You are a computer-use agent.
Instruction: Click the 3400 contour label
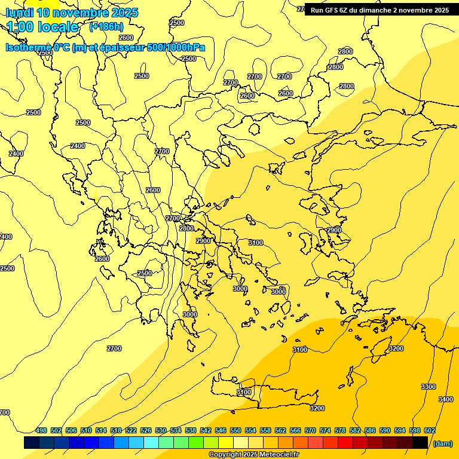[x=445, y=399]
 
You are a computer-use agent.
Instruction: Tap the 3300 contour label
[x=429, y=387]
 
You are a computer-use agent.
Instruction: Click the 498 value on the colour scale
[x=41, y=431]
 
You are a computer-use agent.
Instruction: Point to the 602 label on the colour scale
[x=429, y=431]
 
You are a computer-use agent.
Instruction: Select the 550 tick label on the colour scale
[x=235, y=431]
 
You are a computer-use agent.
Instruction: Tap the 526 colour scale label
[x=146, y=431]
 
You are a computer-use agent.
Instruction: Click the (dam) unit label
[x=442, y=443]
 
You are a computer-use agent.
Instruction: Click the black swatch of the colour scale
[x=420, y=443]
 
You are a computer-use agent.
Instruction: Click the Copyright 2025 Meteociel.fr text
[x=254, y=455]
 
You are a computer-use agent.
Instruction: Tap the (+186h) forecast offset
[x=106, y=26]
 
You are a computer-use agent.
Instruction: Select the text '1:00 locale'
[x=43, y=27]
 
